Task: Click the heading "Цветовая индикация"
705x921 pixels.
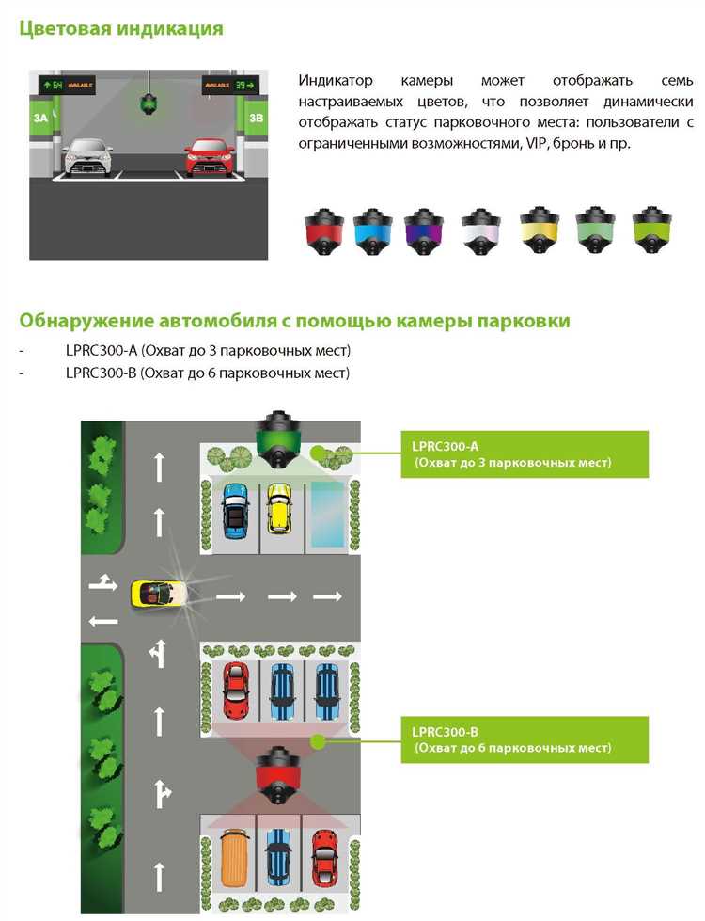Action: point(121,28)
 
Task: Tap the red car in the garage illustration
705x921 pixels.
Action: point(210,157)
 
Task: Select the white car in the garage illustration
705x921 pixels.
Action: point(88,157)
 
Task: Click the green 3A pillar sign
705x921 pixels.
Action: point(40,118)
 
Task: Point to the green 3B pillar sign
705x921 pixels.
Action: point(257,118)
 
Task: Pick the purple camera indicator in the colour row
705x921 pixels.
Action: point(423,231)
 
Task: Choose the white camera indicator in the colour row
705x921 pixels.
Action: point(480,231)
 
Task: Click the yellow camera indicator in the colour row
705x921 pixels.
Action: point(539,230)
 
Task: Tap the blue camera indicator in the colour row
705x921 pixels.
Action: point(373,231)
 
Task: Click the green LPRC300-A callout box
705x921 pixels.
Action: point(525,454)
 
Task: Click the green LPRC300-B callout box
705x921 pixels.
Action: point(525,739)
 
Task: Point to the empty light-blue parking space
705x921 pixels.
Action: point(327,515)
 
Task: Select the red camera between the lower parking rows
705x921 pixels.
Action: point(279,775)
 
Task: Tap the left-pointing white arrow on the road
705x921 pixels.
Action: point(102,621)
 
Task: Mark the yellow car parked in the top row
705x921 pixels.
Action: point(279,508)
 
